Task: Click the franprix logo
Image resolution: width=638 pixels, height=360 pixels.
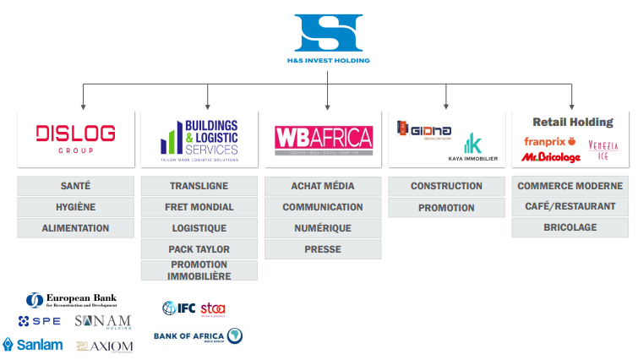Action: [550, 141]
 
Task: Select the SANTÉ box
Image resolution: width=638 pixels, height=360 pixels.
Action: [75, 186]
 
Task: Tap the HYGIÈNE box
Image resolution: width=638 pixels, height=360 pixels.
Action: [75, 207]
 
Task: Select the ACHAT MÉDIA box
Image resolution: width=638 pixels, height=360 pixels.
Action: [323, 186]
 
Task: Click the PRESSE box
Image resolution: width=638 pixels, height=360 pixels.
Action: [323, 249]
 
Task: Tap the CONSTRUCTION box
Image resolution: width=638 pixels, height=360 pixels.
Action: [446, 186]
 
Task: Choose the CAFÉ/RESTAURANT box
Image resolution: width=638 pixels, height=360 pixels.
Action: [570, 207]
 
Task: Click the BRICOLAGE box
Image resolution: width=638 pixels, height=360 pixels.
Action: [570, 227]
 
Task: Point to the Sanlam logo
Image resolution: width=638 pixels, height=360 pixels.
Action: [33, 344]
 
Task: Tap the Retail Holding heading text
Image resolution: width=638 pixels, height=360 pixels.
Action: [572, 123]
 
